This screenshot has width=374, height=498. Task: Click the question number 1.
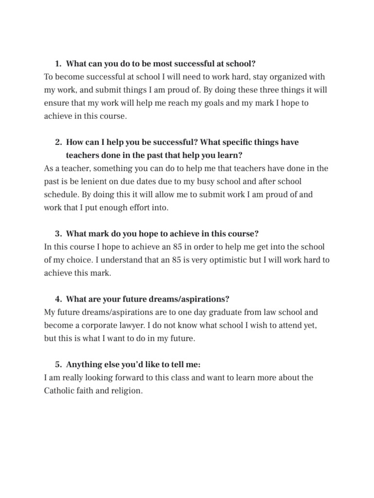pos(58,64)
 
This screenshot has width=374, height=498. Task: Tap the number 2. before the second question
pos(58,142)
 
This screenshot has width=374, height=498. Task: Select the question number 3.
pos(58,233)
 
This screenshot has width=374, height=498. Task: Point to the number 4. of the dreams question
pos(58,299)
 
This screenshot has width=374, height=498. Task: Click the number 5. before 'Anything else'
pos(58,365)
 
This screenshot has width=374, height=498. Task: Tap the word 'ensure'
pos(56,103)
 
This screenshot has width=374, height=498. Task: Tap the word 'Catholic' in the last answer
pos(59,391)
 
